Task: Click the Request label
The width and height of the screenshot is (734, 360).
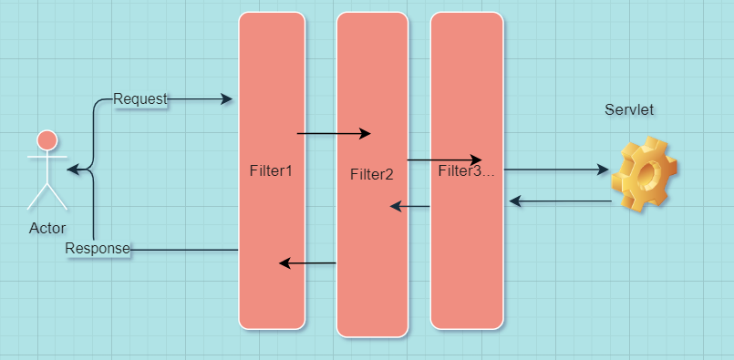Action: click(x=140, y=98)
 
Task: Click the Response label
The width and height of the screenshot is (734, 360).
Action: click(x=98, y=249)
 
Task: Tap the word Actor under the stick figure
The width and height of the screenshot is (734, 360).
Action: click(x=47, y=228)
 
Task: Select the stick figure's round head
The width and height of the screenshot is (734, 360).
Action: click(x=47, y=140)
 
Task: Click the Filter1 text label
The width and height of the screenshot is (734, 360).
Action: click(x=271, y=170)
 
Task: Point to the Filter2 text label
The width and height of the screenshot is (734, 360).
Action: click(x=371, y=174)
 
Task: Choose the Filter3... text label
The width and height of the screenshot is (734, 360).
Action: click(x=466, y=170)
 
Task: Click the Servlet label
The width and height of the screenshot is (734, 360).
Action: click(x=629, y=109)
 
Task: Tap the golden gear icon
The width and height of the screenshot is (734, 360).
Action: click(x=644, y=174)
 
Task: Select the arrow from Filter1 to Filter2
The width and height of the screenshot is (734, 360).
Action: click(x=333, y=134)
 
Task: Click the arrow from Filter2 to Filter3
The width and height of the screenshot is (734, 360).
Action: click(x=444, y=160)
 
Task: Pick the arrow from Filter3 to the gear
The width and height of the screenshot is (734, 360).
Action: click(x=555, y=170)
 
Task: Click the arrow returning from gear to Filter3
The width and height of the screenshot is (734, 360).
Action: click(x=561, y=201)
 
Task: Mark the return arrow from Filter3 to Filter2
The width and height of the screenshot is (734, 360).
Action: click(x=409, y=207)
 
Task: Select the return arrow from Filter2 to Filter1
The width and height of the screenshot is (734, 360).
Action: click(x=307, y=263)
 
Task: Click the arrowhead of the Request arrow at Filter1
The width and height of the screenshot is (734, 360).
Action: click(x=227, y=98)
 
